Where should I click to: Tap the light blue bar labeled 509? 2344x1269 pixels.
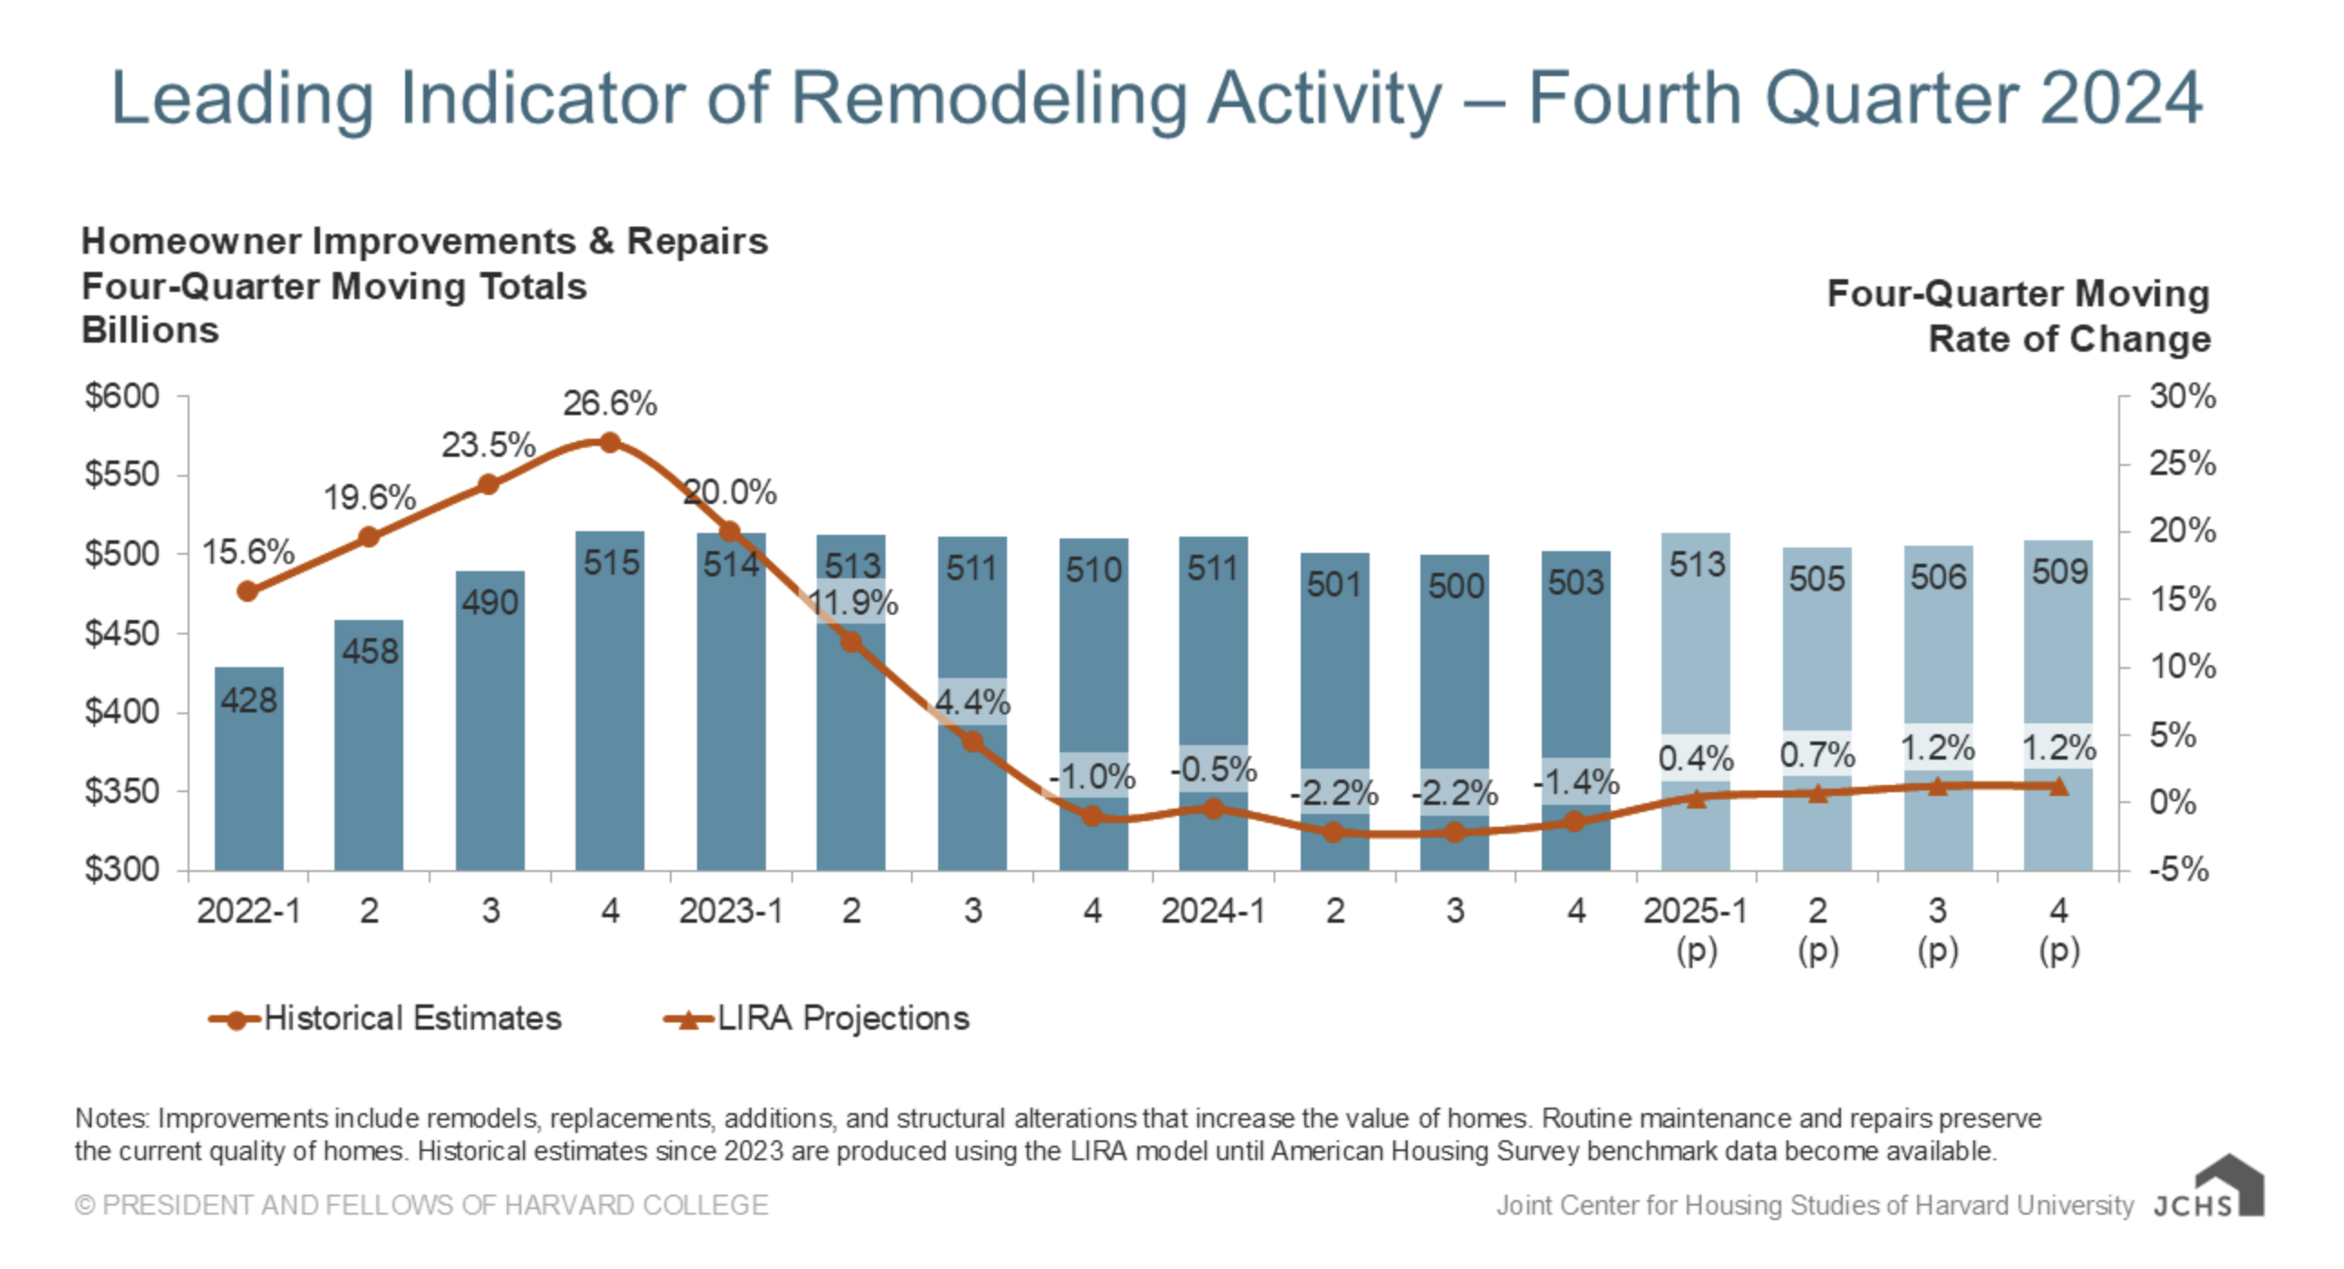[x=2058, y=655]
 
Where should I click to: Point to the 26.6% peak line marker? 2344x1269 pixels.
[x=610, y=443]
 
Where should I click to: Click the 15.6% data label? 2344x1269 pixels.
[x=247, y=552]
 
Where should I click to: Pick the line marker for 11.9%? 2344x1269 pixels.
[x=851, y=643]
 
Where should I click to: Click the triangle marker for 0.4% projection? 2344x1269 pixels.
[x=1696, y=799]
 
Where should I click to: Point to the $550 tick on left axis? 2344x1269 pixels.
[x=122, y=475]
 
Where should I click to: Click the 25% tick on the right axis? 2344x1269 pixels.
[x=2181, y=464]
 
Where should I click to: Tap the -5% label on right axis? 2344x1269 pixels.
[x=2178, y=869]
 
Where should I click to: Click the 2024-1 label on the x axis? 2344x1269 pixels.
[x=1212, y=911]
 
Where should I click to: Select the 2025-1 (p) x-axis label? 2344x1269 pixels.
[x=1695, y=928]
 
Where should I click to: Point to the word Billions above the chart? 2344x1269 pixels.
[x=150, y=330]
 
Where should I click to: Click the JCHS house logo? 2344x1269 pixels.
[x=2228, y=1186]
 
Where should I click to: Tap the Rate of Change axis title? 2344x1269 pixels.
[x=2069, y=339]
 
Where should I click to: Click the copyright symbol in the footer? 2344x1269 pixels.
[x=84, y=1206]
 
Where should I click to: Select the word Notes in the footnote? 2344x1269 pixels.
[x=111, y=1119]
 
